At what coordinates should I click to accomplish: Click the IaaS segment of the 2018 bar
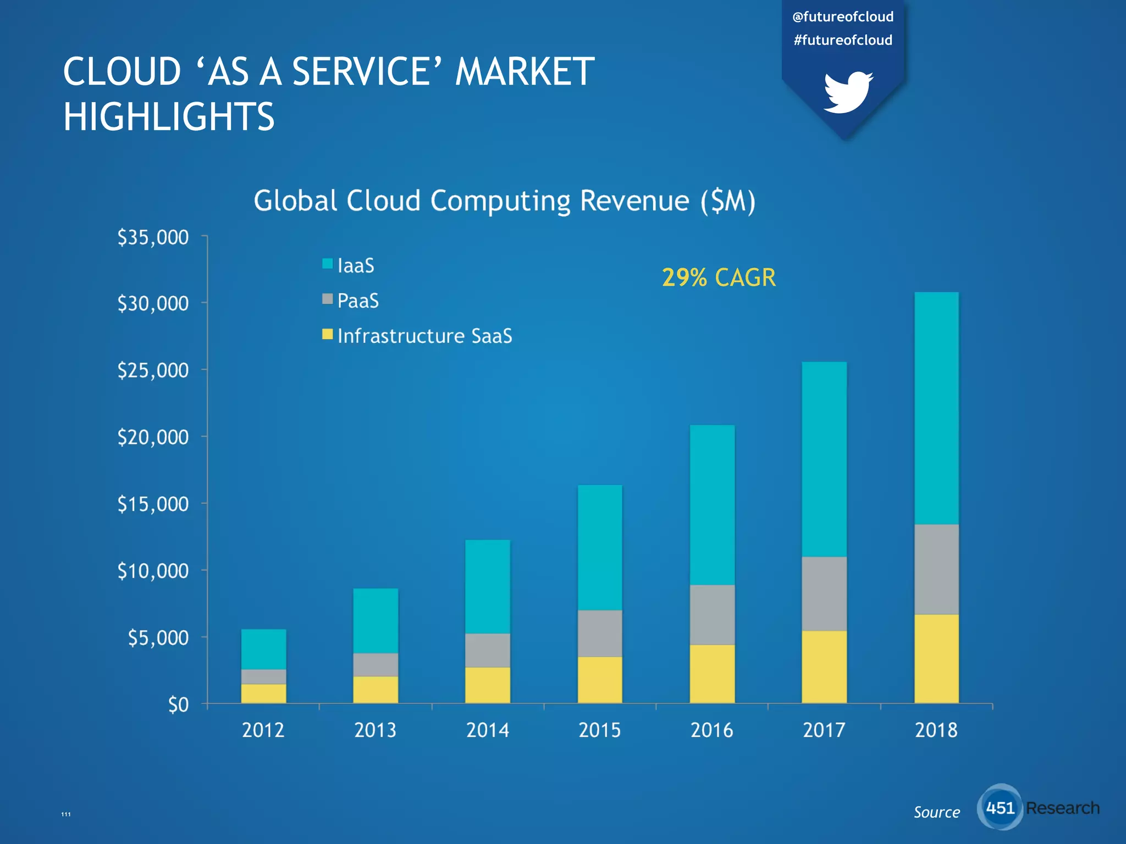[936, 408]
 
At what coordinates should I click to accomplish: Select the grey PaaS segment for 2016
[712, 614]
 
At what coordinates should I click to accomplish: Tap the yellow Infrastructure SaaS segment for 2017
[824, 667]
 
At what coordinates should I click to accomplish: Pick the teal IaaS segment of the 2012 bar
[263, 649]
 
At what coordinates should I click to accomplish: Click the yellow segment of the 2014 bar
[488, 685]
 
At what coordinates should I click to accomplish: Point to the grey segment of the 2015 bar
[600, 633]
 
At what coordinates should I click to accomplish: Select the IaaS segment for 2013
[376, 620]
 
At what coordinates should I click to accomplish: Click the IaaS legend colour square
[327, 264]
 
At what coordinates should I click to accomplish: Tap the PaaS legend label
[358, 301]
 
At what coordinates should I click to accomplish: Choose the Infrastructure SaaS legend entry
[424, 336]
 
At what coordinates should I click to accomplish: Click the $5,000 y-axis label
[158, 637]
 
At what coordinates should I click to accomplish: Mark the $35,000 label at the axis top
[153, 237]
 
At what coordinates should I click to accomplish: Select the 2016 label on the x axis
[711, 730]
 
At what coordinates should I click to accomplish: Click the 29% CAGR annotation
[719, 277]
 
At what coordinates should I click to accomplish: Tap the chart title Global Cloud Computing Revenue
[504, 201]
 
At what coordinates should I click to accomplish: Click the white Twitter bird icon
[847, 92]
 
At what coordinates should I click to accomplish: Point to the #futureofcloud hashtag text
[843, 40]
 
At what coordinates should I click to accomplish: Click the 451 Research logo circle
[1000, 807]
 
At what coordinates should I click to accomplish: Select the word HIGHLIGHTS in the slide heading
[169, 116]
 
